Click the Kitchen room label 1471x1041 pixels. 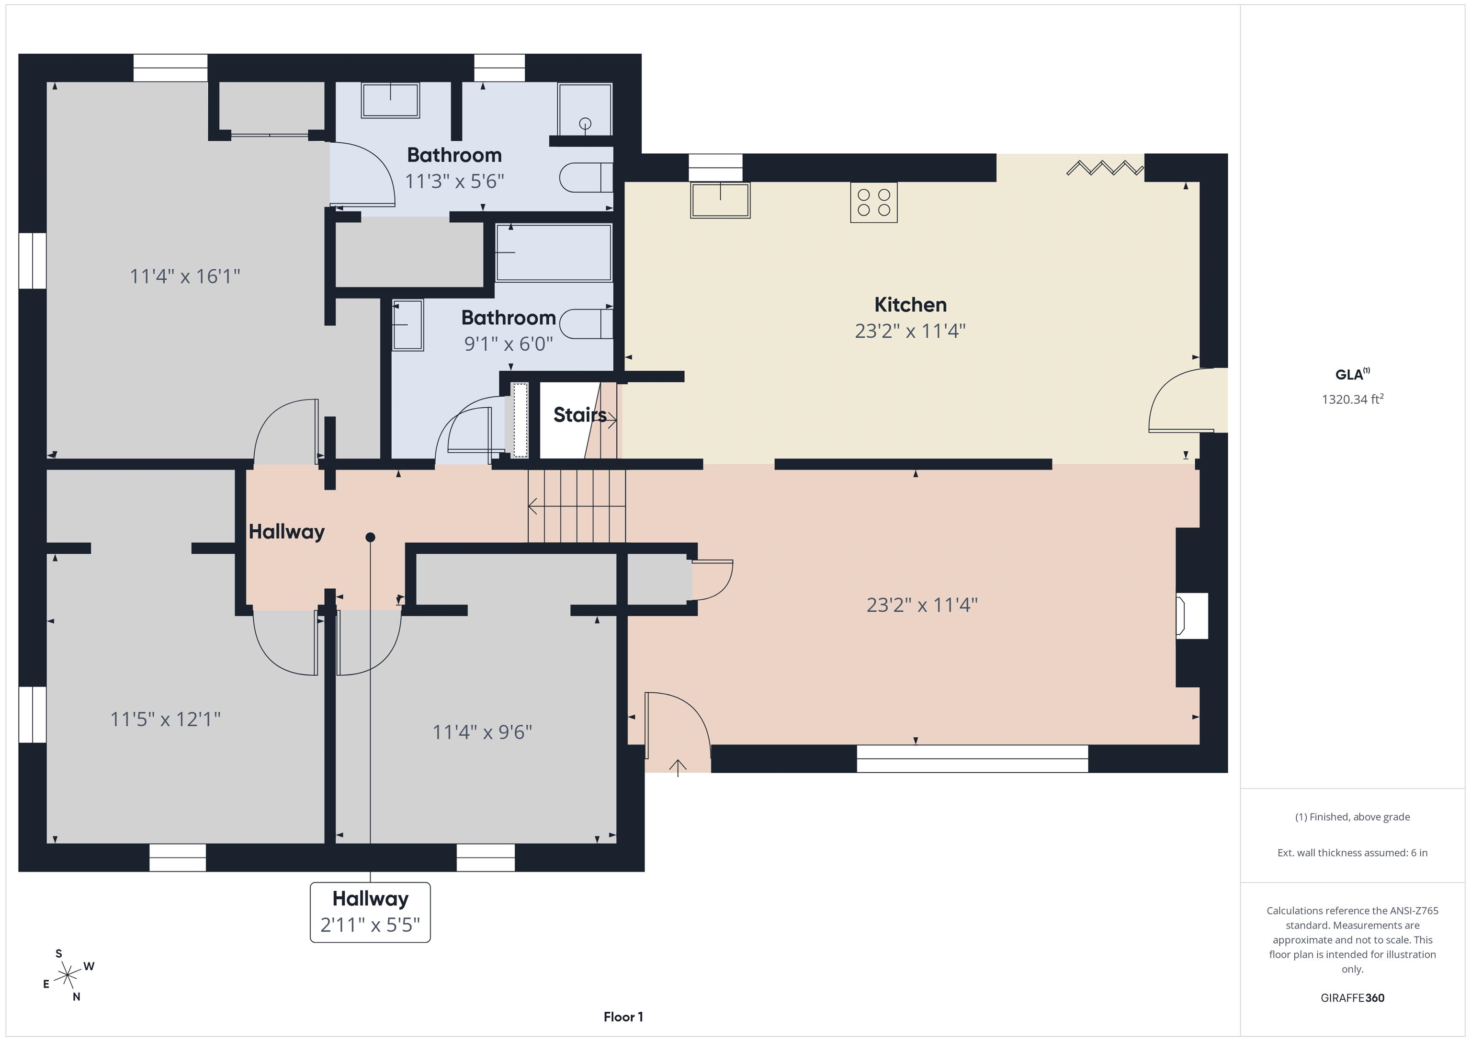pyautogui.click(x=910, y=305)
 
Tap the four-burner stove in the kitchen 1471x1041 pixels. pyautogui.click(x=874, y=203)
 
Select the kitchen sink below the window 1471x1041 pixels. pyautogui.click(x=720, y=200)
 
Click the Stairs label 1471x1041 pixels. pyautogui.click(x=579, y=415)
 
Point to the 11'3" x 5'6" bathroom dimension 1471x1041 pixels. pyautogui.click(x=454, y=182)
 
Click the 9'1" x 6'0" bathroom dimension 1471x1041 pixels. pyautogui.click(x=508, y=344)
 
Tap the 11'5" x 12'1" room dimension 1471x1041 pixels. pyautogui.click(x=165, y=719)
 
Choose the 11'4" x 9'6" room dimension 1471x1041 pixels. pyautogui.click(x=482, y=732)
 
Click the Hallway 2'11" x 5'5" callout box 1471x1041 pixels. pyautogui.click(x=370, y=912)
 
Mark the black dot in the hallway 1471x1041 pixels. pyautogui.click(x=370, y=537)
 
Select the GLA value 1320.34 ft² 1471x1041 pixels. pyautogui.click(x=1352, y=399)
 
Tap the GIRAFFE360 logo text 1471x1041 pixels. pyautogui.click(x=1352, y=997)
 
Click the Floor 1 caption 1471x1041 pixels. pyautogui.click(x=623, y=1017)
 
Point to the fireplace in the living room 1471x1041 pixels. pyautogui.click(x=1192, y=616)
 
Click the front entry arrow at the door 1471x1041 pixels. pyautogui.click(x=678, y=767)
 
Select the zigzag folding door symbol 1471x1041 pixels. pyautogui.click(x=1105, y=168)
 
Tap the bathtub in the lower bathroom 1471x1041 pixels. pyautogui.click(x=554, y=252)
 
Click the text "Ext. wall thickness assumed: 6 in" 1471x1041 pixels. pyautogui.click(x=1352, y=853)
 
